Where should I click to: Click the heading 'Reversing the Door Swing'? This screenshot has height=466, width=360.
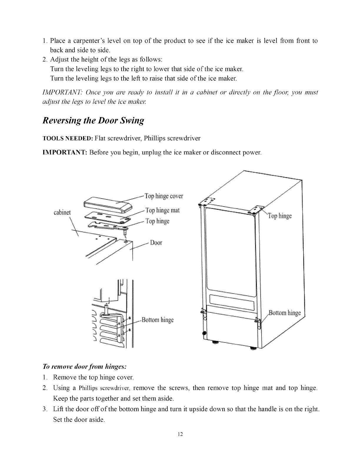(x=94, y=121)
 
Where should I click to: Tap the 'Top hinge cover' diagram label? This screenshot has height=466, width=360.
(x=164, y=196)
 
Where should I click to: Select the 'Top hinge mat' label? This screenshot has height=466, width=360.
(x=163, y=210)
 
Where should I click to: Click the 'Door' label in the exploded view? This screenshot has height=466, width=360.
(x=156, y=243)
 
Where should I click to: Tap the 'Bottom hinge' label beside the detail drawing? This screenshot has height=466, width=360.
(x=157, y=320)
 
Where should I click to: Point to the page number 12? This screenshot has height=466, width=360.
(x=180, y=434)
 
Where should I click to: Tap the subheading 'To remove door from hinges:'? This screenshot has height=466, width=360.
(x=85, y=367)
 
